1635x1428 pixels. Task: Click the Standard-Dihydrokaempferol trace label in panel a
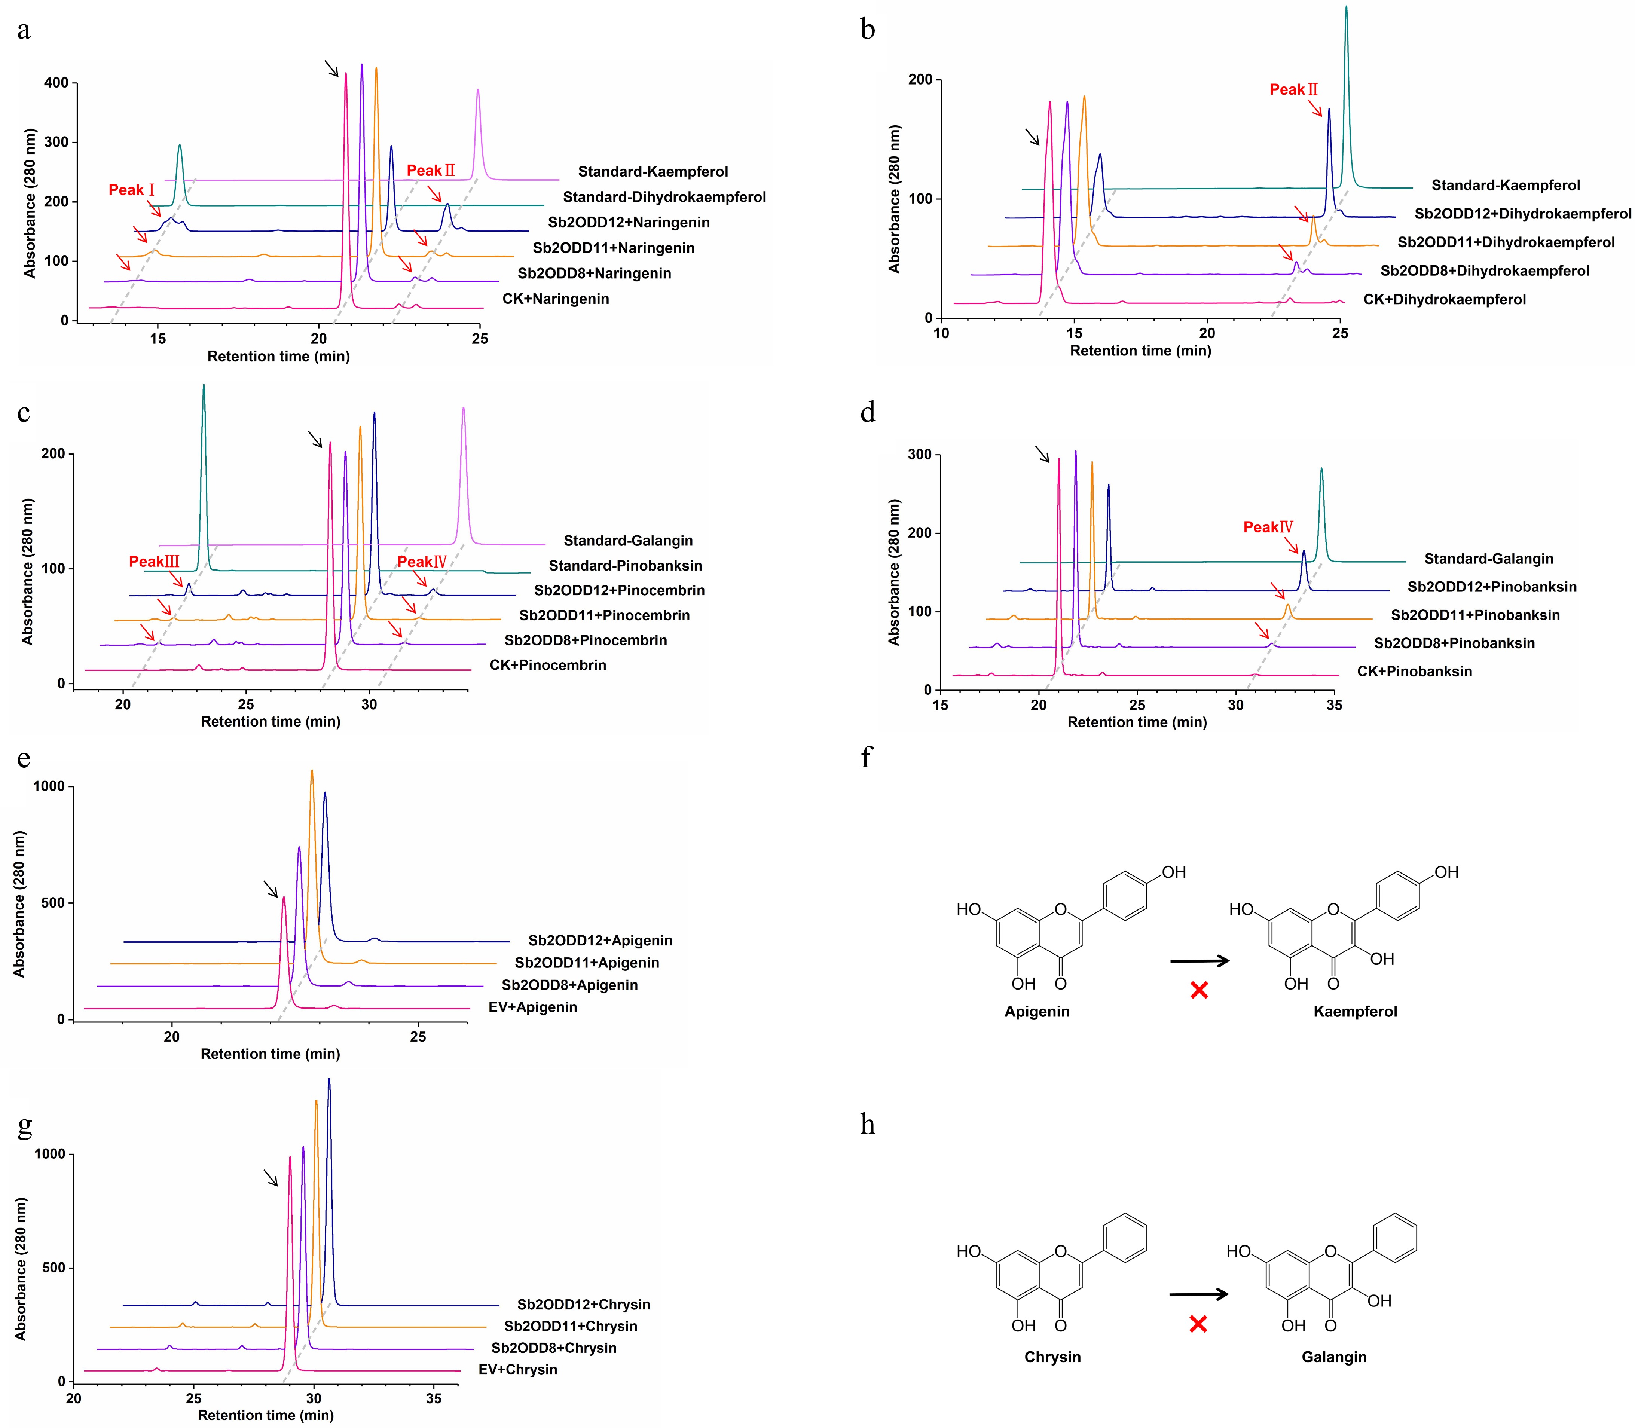click(664, 197)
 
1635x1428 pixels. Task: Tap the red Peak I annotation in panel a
click(131, 190)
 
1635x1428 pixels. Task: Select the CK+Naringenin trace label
click(555, 299)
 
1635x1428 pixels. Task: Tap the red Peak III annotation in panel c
click(154, 562)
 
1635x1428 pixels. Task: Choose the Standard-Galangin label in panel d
click(1488, 559)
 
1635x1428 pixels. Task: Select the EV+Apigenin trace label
click(532, 1007)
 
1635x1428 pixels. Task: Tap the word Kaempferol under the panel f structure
click(1354, 1011)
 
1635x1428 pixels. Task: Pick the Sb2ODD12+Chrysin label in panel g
click(583, 1305)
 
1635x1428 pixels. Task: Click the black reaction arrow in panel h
click(1198, 1294)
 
